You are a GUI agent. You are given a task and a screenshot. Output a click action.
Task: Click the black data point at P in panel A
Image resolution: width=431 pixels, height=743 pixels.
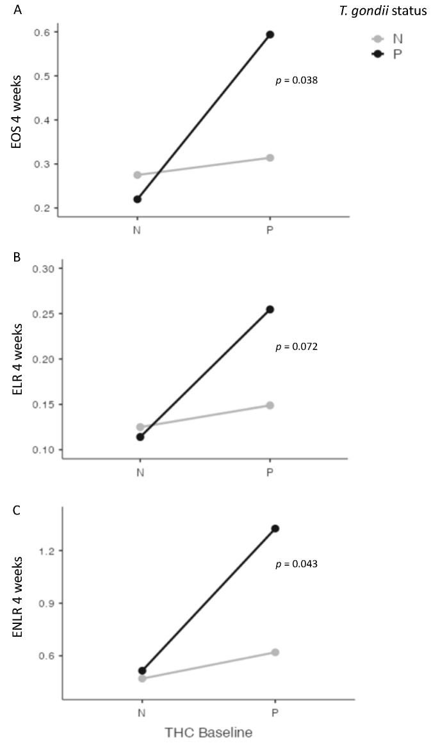(x=270, y=35)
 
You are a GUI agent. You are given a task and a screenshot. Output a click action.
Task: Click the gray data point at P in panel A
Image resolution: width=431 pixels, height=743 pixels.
(x=270, y=157)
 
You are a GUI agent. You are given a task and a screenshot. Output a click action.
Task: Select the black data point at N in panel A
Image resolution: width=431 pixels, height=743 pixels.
(x=138, y=199)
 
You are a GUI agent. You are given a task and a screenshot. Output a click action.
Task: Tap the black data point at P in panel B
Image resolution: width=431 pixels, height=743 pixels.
(x=270, y=310)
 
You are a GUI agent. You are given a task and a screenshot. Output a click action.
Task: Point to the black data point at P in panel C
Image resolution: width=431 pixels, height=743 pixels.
(x=275, y=529)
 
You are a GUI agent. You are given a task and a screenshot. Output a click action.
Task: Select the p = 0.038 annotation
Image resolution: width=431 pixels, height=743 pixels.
(x=297, y=81)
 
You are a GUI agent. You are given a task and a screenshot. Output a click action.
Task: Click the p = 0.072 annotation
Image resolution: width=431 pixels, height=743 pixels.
(x=297, y=347)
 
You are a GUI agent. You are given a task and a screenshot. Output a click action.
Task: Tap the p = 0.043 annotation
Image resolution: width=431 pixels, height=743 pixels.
(x=297, y=564)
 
